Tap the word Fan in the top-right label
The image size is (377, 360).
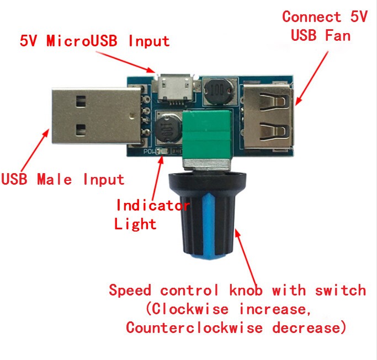(x=337, y=36)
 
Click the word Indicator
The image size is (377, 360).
(x=153, y=206)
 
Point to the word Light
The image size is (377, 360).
(x=135, y=224)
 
